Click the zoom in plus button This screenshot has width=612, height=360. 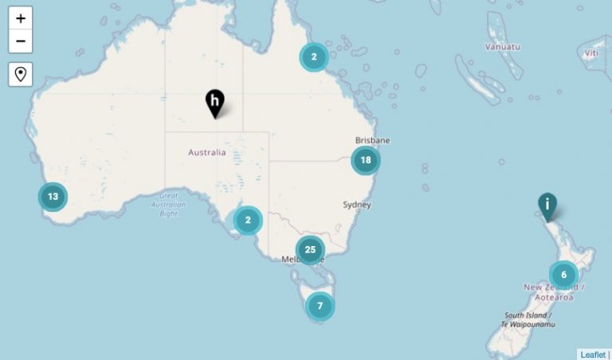[21, 18]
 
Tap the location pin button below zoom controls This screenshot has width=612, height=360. [21, 74]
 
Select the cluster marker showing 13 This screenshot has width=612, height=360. [53, 196]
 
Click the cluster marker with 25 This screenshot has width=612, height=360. [310, 249]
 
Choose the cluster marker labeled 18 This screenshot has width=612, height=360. [366, 160]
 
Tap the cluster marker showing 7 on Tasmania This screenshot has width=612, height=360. [320, 305]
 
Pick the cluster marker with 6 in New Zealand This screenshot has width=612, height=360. [563, 275]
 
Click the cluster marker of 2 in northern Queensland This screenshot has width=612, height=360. [314, 57]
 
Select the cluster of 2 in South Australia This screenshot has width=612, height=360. [248, 220]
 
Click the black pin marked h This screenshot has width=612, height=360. [215, 102]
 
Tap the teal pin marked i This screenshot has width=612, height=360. [547, 205]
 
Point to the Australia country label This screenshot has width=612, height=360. [206, 152]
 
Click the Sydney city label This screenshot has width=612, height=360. [357, 205]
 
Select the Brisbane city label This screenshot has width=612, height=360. [373, 141]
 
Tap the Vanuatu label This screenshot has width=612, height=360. [502, 46]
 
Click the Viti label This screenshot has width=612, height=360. [590, 53]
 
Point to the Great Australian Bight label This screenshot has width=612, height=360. [168, 205]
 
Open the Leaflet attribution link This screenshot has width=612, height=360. [592, 354]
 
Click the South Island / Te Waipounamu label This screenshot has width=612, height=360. [528, 319]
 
